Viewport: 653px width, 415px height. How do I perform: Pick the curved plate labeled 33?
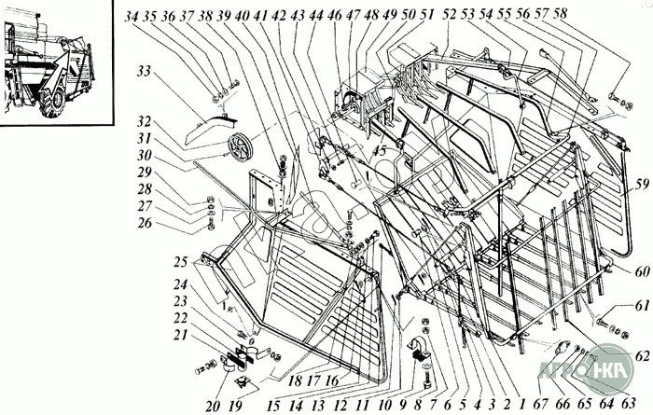(207, 120)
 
